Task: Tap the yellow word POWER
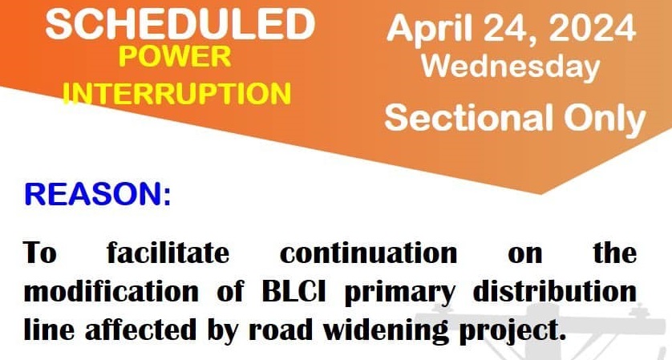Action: click(175, 57)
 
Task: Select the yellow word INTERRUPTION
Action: click(176, 94)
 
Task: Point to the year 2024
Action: click(592, 28)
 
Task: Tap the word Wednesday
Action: click(510, 67)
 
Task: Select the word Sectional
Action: click(468, 117)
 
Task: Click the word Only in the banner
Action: click(605, 119)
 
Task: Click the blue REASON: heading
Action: click(98, 194)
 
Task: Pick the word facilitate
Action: click(168, 253)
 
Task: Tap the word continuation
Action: click(369, 253)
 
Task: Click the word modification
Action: click(111, 291)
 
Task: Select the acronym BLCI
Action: click(293, 291)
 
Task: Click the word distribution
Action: click(555, 291)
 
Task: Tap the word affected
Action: click(140, 330)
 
